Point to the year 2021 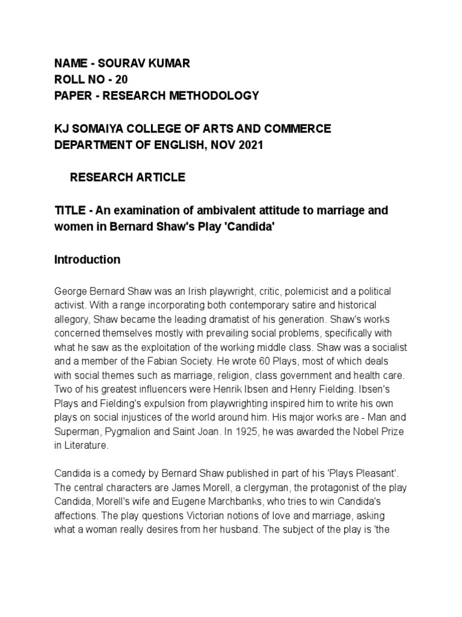(250, 145)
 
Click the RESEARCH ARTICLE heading (128, 177)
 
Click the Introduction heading (87, 260)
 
